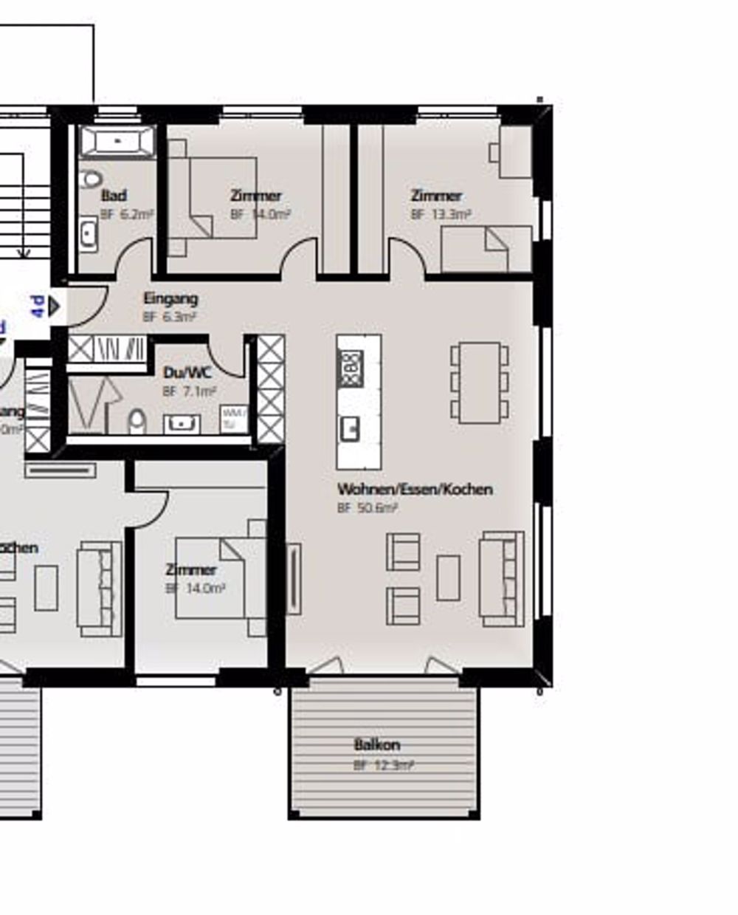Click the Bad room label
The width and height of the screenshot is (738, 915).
(x=114, y=196)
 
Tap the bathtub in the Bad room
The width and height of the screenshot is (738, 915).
(x=118, y=141)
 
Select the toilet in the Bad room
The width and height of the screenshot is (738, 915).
(x=92, y=179)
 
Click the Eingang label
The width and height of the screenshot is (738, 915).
(x=170, y=299)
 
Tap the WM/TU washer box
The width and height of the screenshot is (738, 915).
(x=235, y=418)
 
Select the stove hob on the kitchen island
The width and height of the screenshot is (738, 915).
(x=351, y=367)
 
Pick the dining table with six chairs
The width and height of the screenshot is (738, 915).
(x=480, y=382)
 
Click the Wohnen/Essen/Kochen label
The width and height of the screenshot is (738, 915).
(x=415, y=489)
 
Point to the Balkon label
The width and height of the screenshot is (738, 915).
(x=377, y=744)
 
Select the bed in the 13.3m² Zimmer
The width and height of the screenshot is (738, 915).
(x=486, y=249)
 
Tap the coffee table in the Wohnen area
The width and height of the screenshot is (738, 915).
(x=448, y=578)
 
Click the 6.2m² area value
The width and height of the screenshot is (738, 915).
(x=133, y=215)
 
